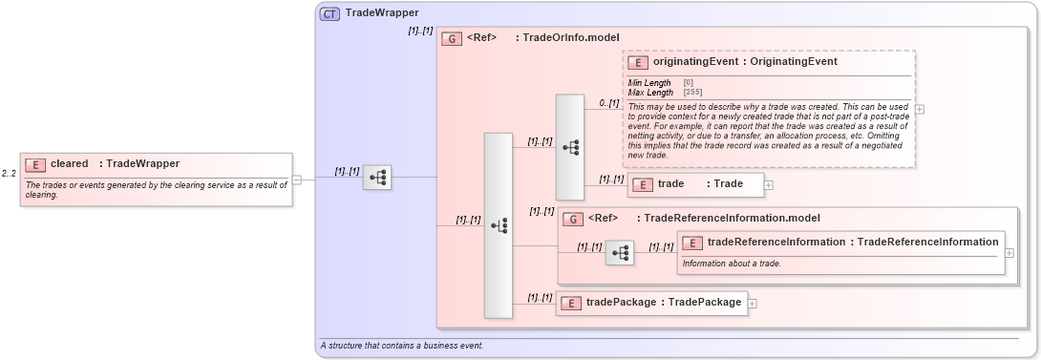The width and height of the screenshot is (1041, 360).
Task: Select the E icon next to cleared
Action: point(35,164)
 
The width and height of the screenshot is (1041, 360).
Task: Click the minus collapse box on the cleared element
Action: point(297,179)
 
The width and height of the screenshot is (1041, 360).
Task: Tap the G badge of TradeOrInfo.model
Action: point(452,39)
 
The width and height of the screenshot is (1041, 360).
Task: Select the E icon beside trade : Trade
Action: point(643,184)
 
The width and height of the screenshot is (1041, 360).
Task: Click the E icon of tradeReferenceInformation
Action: point(692,243)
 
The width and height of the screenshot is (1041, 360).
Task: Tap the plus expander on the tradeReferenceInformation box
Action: point(1009,253)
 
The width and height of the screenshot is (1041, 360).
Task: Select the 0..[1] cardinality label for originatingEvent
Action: point(608,102)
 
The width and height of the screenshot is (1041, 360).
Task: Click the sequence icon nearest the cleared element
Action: point(377,178)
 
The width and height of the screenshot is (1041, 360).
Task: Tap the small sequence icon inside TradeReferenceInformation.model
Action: point(620,253)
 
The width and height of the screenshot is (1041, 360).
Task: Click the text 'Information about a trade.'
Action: point(732,263)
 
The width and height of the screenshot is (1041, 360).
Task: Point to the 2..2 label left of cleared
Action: point(10,173)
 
